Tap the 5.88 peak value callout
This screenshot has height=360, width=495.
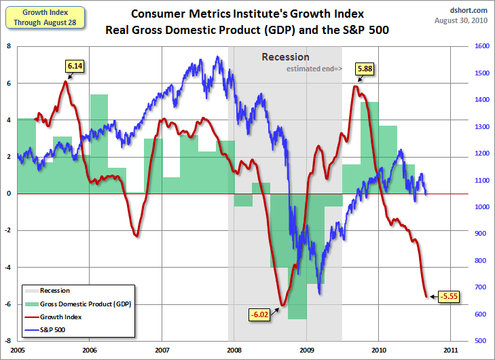pos(365,68)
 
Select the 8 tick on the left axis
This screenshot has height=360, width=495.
pos(8,46)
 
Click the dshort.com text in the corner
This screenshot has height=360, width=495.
pos(469,10)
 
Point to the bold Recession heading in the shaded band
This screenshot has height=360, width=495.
pos(285,57)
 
